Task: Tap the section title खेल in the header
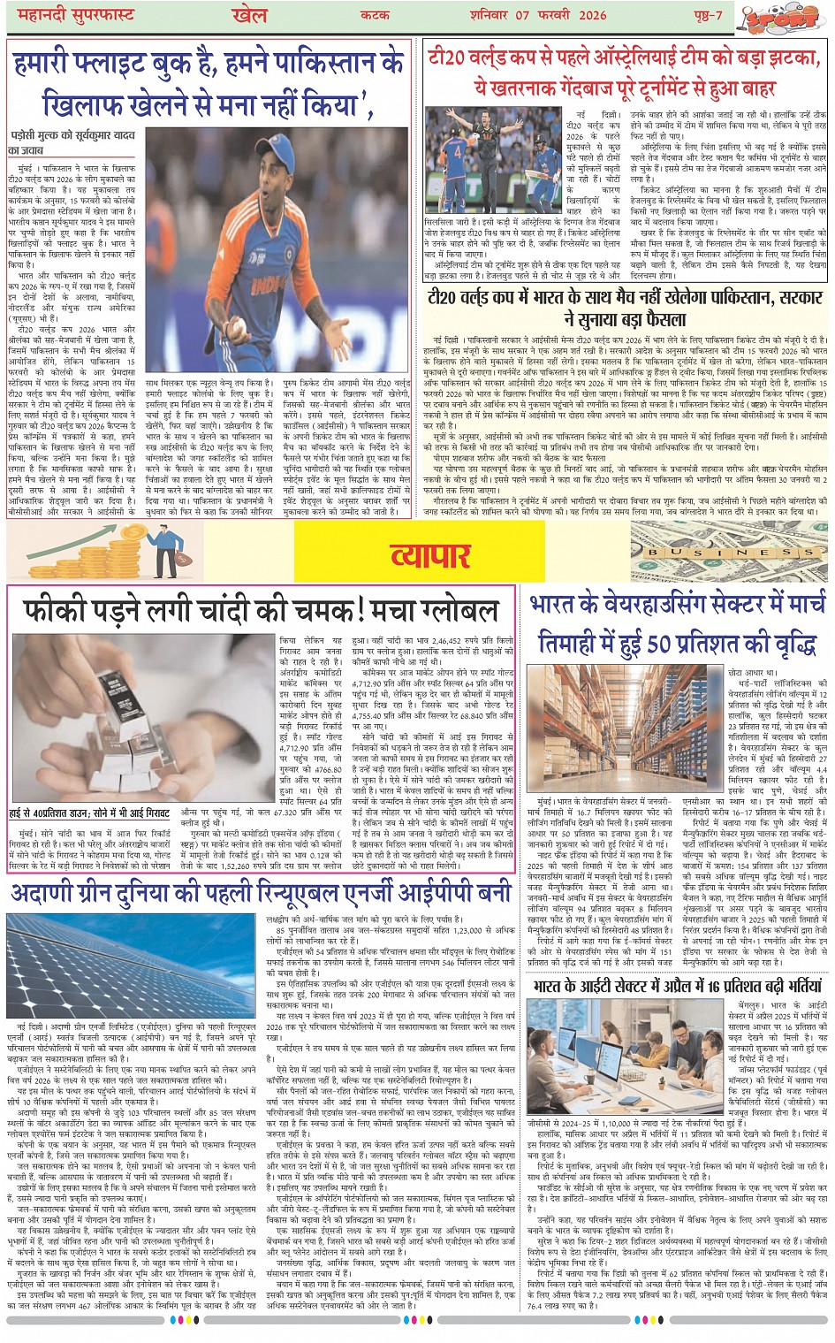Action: click(x=248, y=15)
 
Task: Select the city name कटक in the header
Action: click(x=376, y=15)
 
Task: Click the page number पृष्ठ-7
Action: click(x=707, y=15)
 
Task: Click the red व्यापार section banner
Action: click(x=430, y=555)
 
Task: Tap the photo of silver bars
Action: click(x=143, y=717)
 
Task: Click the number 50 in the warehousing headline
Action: click(x=663, y=644)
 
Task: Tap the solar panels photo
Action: click(x=133, y=965)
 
